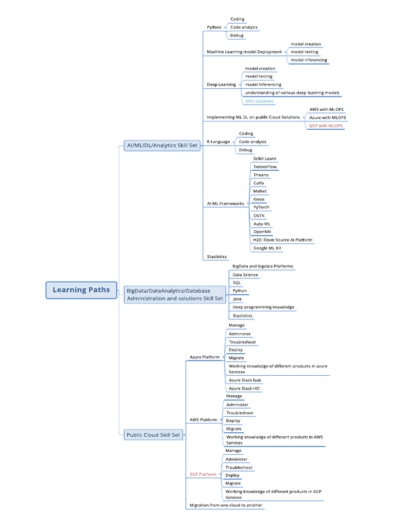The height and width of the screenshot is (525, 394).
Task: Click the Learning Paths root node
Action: click(81, 290)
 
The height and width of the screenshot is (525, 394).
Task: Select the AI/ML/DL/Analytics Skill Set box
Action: click(162, 146)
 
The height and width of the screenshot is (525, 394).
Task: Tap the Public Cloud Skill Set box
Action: click(153, 435)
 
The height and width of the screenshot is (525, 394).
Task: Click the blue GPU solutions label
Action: click(259, 101)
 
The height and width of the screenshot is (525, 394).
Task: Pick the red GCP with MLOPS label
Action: click(326, 126)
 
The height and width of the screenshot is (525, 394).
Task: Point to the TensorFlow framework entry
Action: click(265, 167)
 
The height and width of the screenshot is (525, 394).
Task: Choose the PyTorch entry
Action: click(261, 208)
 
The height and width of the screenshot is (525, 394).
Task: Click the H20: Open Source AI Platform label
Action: click(282, 240)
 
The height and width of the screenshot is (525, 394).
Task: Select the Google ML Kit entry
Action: click(267, 248)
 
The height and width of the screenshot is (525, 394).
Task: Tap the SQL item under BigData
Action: click(237, 283)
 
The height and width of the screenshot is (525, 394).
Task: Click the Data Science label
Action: click(245, 275)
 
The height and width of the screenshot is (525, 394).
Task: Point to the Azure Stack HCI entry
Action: click(244, 389)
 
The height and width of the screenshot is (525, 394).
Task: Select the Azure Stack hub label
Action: click(245, 380)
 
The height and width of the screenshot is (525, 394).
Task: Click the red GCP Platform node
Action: click(203, 475)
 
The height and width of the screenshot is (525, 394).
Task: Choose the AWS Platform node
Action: click(203, 420)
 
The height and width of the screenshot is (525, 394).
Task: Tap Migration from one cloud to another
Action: click(226, 506)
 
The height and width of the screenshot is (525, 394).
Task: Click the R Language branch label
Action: click(218, 142)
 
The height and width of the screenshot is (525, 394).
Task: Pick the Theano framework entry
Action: click(261, 175)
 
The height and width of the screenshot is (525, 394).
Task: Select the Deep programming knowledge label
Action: click(263, 307)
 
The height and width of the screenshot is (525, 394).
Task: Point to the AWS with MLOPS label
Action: click(326, 110)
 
